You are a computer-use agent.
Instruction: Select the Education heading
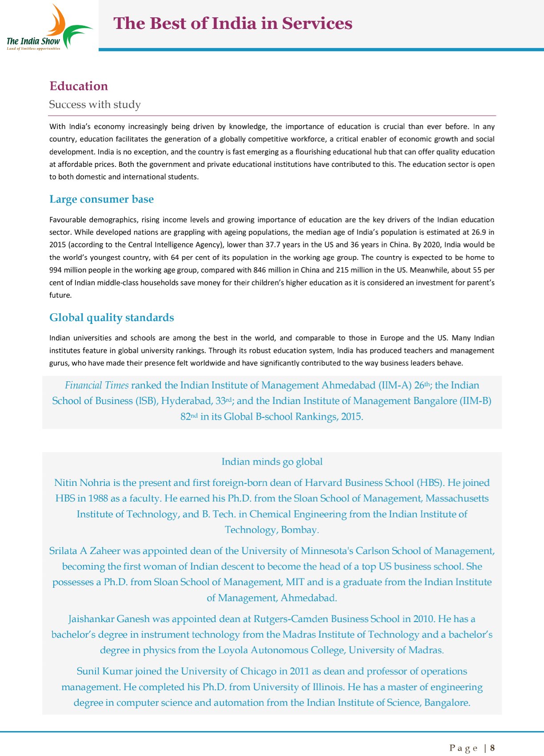[79, 86]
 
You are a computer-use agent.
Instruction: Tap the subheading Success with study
[95, 105]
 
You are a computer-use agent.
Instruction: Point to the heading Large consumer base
[101, 199]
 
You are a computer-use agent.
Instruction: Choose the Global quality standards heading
[112, 317]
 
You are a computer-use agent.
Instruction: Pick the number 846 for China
[260, 270]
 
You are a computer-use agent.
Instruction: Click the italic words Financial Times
[96, 385]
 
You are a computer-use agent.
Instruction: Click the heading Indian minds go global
[272, 461]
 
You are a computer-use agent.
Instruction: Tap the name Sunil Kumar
[104, 671]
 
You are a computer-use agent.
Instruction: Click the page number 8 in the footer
[492, 748]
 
